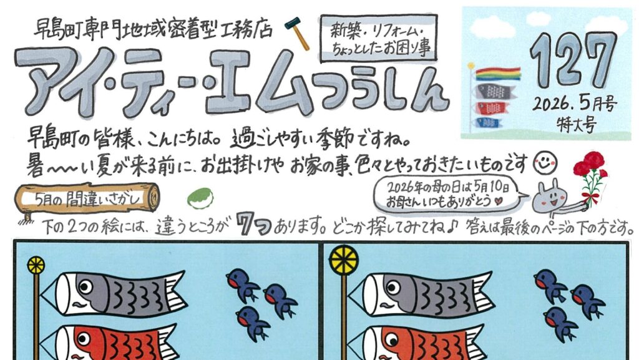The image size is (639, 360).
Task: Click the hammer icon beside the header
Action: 297,33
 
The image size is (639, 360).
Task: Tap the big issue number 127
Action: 573,60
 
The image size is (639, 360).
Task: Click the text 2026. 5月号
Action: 574,105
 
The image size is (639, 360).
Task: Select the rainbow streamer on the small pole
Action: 498,74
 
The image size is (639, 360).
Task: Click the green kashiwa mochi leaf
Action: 200,198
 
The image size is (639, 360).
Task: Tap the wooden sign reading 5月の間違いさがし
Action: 87,199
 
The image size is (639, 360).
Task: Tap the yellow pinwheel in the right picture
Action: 344,260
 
